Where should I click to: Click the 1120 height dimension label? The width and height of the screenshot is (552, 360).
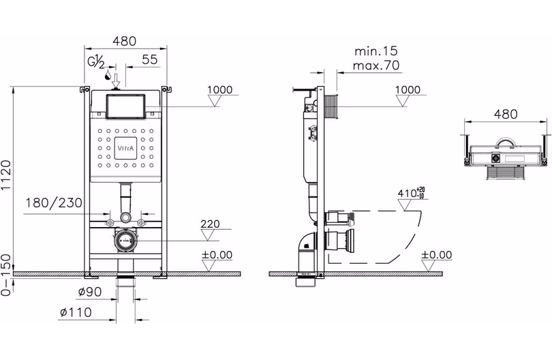[x=6, y=175]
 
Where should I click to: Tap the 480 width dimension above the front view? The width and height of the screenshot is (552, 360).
[x=124, y=41]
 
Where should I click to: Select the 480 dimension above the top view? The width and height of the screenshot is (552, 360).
[x=506, y=114]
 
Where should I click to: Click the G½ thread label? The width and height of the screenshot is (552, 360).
[x=96, y=62]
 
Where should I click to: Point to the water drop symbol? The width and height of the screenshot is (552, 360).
[x=108, y=75]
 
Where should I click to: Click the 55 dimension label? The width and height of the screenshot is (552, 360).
[x=150, y=59]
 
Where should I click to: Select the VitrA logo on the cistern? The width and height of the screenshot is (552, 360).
[x=125, y=148]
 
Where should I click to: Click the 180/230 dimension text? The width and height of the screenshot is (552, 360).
[x=54, y=203]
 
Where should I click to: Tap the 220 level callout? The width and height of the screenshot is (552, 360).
[x=210, y=224]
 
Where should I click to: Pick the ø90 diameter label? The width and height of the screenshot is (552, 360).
[x=90, y=292]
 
